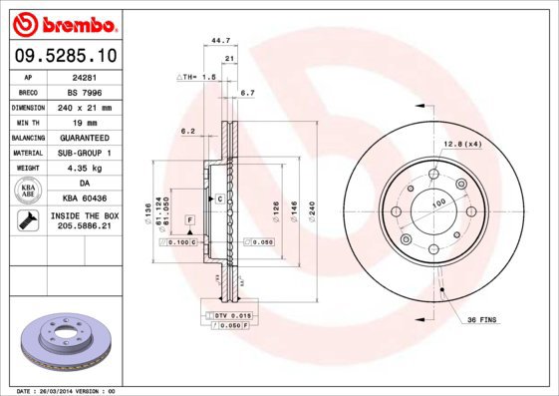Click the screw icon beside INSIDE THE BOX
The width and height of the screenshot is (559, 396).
pos(27,221)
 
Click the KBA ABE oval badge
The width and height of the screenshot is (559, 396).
pos(28,191)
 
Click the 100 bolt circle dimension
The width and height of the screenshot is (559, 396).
pos(436,202)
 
